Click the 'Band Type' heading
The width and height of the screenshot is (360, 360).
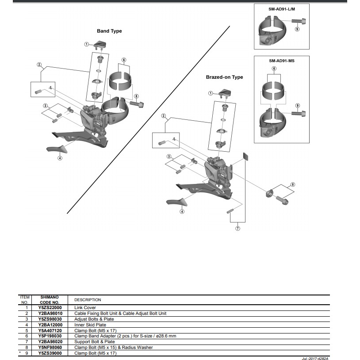(x=109, y=31)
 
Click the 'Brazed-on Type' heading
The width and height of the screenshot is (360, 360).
(x=224, y=77)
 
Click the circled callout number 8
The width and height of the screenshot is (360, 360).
(x=292, y=184)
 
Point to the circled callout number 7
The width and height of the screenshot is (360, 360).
(x=238, y=228)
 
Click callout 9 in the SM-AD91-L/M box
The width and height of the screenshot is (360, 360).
(x=297, y=29)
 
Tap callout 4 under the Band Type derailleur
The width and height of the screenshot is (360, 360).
(x=60, y=158)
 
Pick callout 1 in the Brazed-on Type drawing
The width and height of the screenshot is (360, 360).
(x=211, y=93)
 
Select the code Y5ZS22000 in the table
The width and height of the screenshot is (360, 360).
(x=50, y=307)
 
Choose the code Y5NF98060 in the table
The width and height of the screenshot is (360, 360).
(x=50, y=347)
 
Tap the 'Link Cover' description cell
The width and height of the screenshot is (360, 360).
(x=85, y=307)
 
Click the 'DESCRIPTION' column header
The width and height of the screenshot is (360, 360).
(x=88, y=299)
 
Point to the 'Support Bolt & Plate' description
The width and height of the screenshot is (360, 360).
(x=93, y=341)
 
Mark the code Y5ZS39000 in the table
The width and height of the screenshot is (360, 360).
(x=50, y=353)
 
